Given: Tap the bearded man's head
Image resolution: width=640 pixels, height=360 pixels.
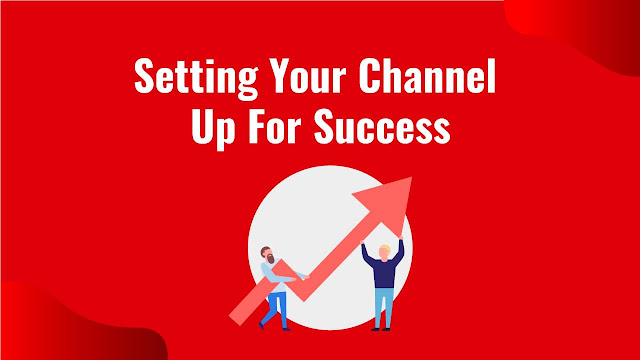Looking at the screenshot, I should tap(268, 254).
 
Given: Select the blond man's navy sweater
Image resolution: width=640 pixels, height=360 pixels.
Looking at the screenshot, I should tap(383, 271).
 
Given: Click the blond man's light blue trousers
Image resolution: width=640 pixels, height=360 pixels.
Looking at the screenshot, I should tap(383, 304).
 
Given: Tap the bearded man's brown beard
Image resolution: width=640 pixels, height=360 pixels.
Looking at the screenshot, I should tap(270, 262).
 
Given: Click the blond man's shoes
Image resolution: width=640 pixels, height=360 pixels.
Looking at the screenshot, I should tap(382, 326).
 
